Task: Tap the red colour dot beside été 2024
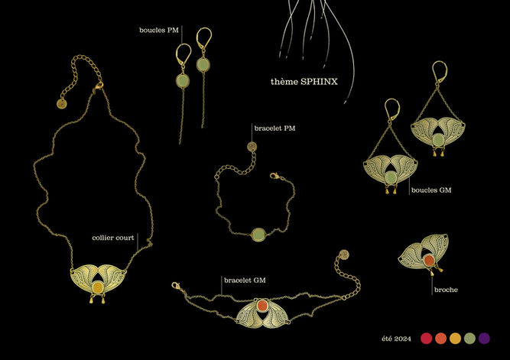[427, 338]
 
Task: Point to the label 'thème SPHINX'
[304, 81]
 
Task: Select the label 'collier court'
[113, 238]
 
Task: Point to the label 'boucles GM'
[431, 190]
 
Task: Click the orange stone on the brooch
[430, 261]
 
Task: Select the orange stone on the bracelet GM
[261, 307]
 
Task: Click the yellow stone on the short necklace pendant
[97, 288]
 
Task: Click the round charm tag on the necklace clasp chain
[61, 103]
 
